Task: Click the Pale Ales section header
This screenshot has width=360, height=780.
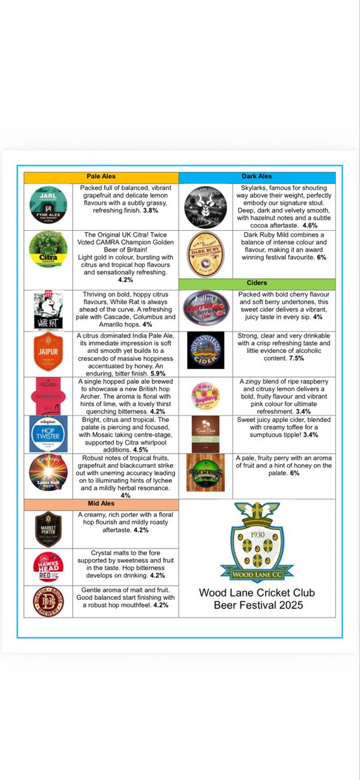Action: coord(101,176)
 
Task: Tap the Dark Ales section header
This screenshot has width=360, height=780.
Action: coord(257,176)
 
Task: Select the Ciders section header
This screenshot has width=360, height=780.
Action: coord(257,283)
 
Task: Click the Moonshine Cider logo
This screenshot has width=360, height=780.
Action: coord(205,352)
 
